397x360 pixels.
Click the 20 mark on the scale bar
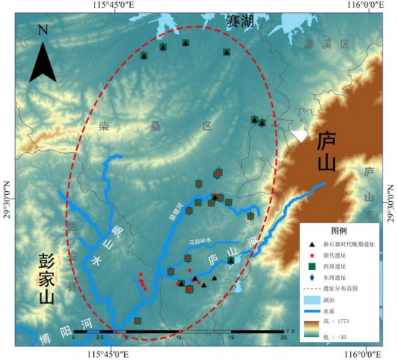click(282, 337)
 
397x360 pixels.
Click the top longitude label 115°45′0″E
click(111, 6)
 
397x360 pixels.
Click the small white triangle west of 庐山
click(299, 135)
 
